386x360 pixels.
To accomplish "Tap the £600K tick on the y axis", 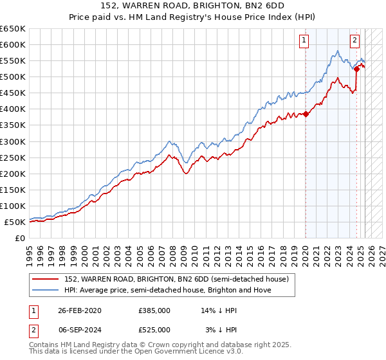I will tap(13, 44).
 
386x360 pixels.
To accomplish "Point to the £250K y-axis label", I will tap(13, 157).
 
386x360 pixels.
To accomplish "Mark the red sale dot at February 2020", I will tap(306, 114).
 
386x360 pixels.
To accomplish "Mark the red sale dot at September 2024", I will tap(356, 69).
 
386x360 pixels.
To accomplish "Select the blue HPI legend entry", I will tap(167, 290).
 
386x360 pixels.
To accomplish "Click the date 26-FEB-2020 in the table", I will tap(80, 310).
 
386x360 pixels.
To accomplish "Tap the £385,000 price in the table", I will tap(154, 310).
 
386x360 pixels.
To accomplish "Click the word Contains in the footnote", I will tap(44, 345).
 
